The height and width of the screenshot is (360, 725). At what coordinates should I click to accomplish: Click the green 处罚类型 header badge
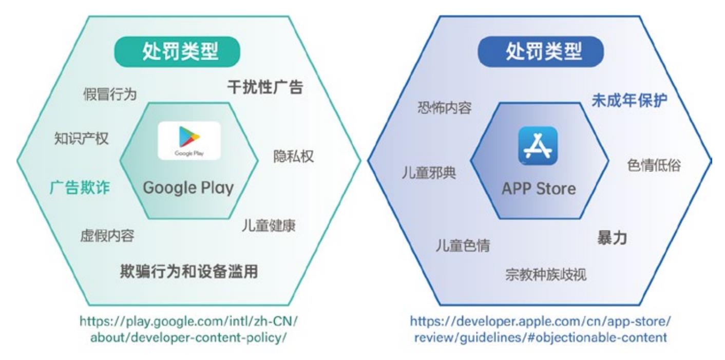coord(177,52)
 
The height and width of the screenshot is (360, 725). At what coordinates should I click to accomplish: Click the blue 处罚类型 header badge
coord(541,52)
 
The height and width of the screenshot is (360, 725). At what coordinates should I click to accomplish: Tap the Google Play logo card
coord(189,141)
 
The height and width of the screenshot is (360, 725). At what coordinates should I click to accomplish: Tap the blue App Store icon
coord(538,146)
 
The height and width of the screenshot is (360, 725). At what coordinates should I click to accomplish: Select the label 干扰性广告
coord(265,87)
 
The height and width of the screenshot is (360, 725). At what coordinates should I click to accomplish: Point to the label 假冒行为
coord(110,94)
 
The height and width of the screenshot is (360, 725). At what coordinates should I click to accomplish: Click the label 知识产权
coord(81,139)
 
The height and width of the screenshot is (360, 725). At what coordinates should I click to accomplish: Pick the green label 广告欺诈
coord(80,188)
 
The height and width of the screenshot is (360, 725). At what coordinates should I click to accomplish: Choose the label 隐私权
coord(294,156)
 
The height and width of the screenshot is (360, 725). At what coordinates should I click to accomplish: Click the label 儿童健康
coord(269,225)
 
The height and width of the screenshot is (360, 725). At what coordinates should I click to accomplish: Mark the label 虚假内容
coord(107,235)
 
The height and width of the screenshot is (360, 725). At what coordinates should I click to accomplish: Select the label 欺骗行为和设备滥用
coord(189,271)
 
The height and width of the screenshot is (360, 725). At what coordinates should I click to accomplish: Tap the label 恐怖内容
coord(444,107)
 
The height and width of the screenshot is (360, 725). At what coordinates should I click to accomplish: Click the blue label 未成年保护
coord(629,100)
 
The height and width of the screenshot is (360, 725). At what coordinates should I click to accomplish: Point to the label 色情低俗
coord(654,165)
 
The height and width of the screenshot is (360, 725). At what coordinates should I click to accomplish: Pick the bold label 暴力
coord(612,238)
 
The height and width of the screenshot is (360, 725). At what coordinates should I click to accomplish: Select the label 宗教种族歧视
coord(546,275)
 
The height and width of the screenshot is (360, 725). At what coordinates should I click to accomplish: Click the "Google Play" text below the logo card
coord(188,188)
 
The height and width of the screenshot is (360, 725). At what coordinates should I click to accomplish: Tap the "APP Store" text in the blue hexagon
coord(539,189)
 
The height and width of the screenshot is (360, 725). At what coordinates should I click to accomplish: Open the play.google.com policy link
coord(188,329)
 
